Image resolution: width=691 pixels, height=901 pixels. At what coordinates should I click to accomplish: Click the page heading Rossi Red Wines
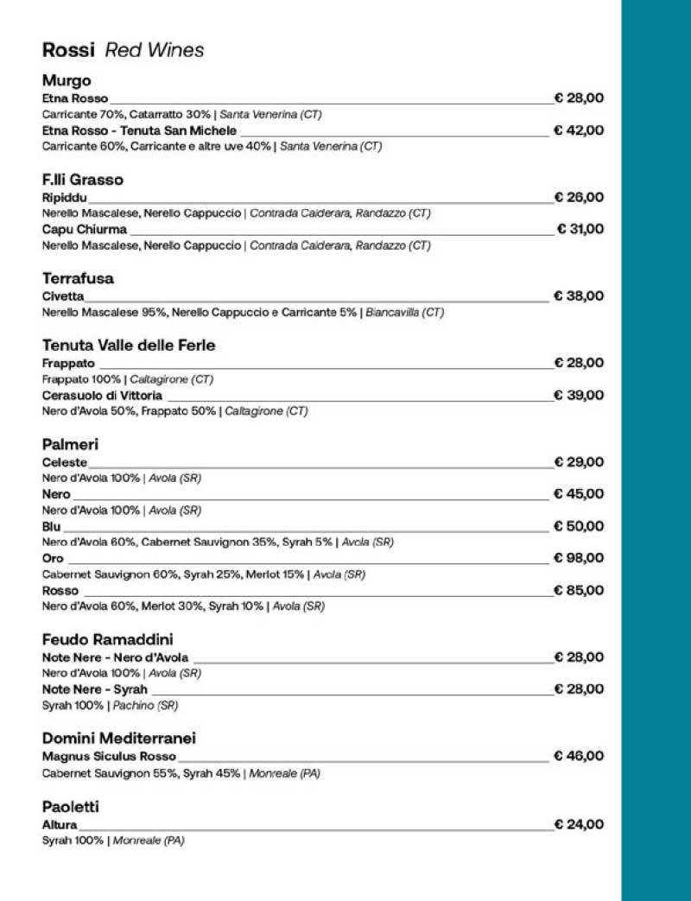123,50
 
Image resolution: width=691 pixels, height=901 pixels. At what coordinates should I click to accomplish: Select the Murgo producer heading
67,81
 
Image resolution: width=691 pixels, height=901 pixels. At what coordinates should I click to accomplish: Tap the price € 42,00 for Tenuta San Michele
579,130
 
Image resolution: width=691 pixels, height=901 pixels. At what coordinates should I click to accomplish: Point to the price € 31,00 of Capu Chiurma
580,229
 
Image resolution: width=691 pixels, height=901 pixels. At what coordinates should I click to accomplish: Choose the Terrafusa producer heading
78,279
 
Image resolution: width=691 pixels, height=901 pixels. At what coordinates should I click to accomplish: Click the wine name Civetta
63,296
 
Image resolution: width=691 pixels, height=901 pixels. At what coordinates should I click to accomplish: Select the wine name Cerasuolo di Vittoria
102,396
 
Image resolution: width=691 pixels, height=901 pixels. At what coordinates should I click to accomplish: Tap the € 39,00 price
579,395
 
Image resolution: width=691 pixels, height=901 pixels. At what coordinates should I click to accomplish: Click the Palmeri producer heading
70,445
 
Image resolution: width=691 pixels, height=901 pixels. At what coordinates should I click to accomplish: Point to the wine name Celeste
65,462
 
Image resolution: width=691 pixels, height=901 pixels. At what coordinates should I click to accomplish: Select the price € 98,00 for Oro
579,558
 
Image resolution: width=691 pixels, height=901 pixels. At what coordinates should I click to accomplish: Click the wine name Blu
52,526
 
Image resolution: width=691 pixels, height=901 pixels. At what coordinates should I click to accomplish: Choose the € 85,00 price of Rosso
579,591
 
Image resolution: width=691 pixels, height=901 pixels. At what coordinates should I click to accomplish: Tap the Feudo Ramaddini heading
107,640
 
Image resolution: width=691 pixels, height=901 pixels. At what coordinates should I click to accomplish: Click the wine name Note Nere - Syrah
95,689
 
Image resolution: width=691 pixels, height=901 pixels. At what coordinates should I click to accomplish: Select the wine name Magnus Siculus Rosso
109,757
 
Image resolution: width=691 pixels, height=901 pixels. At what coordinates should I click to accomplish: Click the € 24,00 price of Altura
579,824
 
